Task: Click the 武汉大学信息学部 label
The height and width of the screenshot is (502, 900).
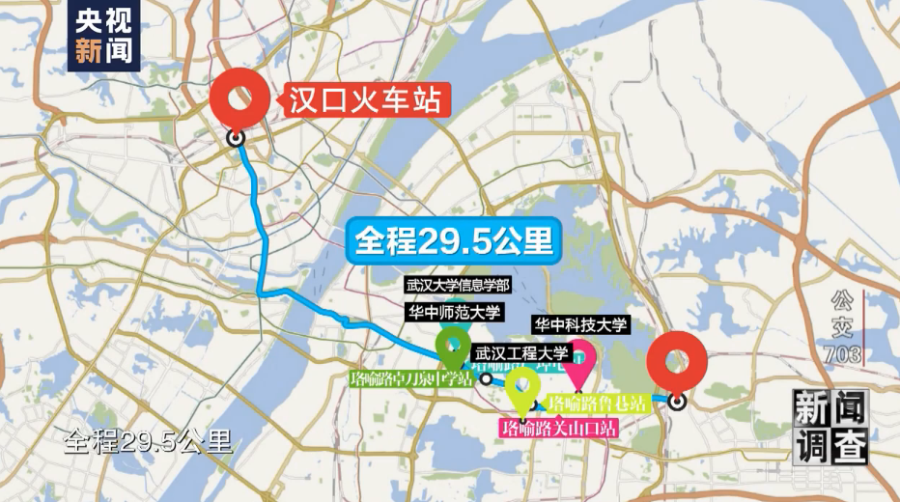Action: (458, 286)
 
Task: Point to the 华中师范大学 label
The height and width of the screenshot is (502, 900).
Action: (453, 312)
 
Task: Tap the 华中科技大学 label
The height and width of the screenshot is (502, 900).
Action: (580, 324)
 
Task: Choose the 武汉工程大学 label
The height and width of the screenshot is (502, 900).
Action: (520, 355)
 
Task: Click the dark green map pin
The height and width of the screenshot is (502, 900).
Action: (452, 346)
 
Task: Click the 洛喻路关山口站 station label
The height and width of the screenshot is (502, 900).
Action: (557, 427)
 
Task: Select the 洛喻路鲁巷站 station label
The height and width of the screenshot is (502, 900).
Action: (597, 403)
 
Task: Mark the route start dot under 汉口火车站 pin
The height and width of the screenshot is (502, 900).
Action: (236, 139)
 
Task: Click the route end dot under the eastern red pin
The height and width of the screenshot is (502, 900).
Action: (678, 401)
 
